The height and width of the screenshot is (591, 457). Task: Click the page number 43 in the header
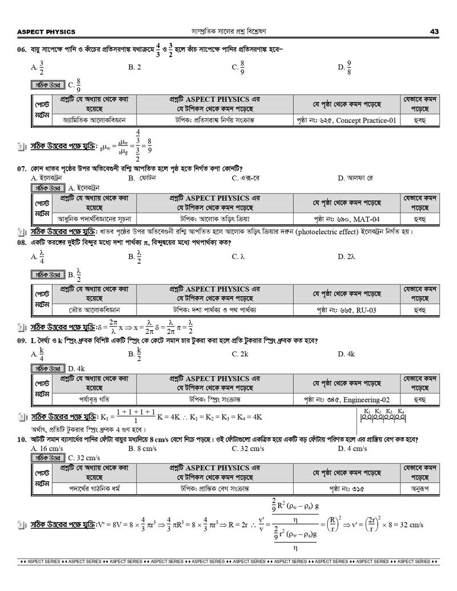tap(434, 31)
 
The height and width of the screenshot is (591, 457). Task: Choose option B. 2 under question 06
tap(135, 67)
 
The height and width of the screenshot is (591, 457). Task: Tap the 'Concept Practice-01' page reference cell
tap(346, 120)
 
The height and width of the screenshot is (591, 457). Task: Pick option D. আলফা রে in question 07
tap(355, 178)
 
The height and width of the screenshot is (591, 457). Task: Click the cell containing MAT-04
tap(346, 219)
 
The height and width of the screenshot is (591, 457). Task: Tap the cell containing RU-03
tap(346, 309)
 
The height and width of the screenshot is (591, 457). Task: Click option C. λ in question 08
tap(238, 257)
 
